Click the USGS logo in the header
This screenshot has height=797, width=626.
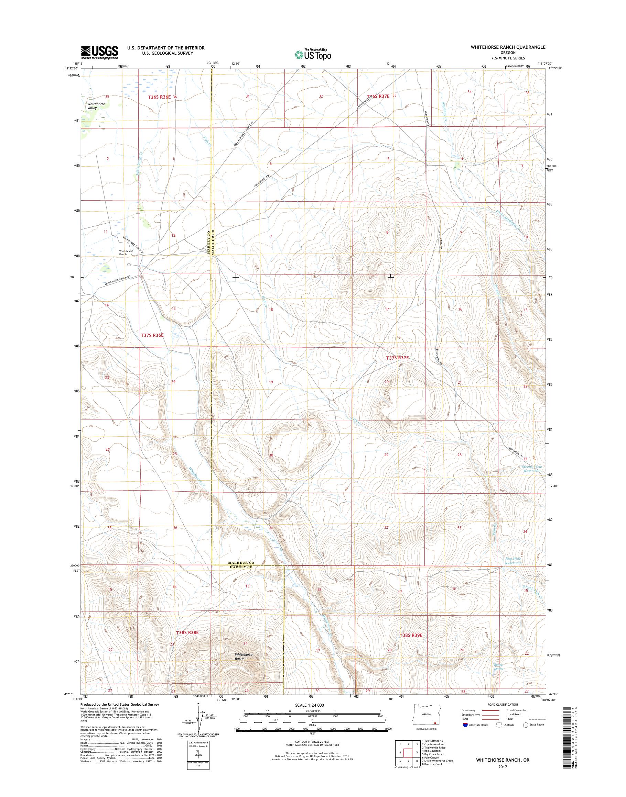(x=99, y=52)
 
